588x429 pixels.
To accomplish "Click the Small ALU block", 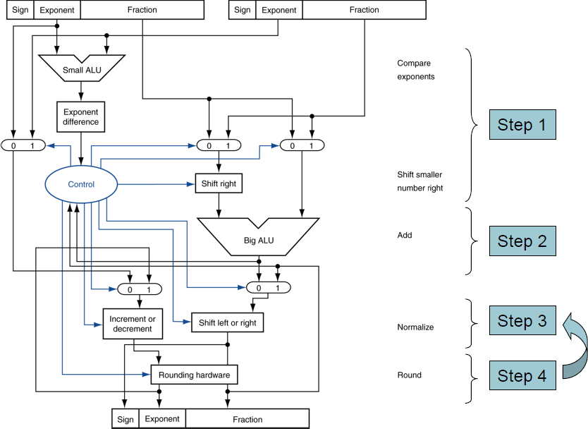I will tap(81, 69).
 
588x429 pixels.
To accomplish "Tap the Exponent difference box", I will tap(81, 117).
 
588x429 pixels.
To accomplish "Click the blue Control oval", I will tap(81, 185).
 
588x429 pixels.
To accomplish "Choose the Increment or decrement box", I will tap(133, 324).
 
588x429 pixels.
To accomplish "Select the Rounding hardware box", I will tap(195, 375).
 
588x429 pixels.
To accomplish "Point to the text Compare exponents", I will tap(416, 70).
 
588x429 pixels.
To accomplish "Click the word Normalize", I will tap(416, 327).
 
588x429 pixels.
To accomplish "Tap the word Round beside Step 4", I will tap(410, 375).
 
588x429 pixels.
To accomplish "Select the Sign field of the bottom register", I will tap(125, 419).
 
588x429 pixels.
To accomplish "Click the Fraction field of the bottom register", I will tap(247, 419).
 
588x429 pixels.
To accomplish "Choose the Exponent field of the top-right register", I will tap(278, 10).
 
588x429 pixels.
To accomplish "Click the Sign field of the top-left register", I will tap(20, 10).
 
